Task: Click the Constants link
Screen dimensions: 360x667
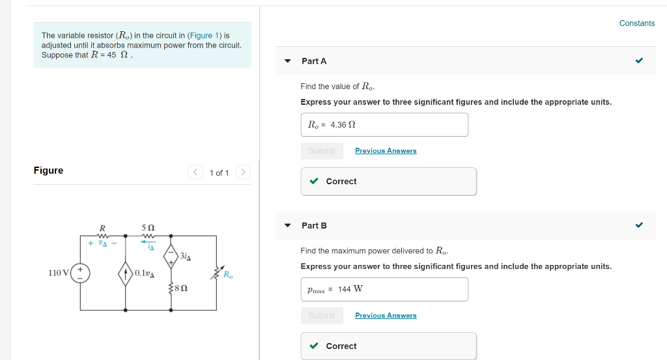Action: click(x=636, y=23)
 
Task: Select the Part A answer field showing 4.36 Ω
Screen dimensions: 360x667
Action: click(x=384, y=125)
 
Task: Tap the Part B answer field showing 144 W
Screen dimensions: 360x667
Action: click(x=384, y=290)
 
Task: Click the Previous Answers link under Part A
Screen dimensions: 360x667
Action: click(x=386, y=151)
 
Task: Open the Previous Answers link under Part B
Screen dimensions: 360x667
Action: click(x=386, y=316)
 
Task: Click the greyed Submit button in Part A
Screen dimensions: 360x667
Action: click(x=322, y=151)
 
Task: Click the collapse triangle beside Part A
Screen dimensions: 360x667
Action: click(x=287, y=61)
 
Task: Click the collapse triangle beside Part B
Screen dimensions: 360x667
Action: click(x=287, y=226)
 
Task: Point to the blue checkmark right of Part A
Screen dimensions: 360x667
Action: click(x=639, y=61)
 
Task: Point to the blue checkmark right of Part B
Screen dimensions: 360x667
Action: click(x=639, y=226)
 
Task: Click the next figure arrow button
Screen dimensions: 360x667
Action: click(x=242, y=173)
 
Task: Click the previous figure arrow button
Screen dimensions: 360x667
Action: click(x=195, y=173)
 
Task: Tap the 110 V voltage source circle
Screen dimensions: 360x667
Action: click(x=81, y=273)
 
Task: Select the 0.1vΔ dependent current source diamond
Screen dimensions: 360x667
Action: click(x=126, y=273)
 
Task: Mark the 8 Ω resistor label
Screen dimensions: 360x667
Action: click(x=182, y=287)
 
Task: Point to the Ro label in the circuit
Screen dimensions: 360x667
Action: click(x=227, y=274)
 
